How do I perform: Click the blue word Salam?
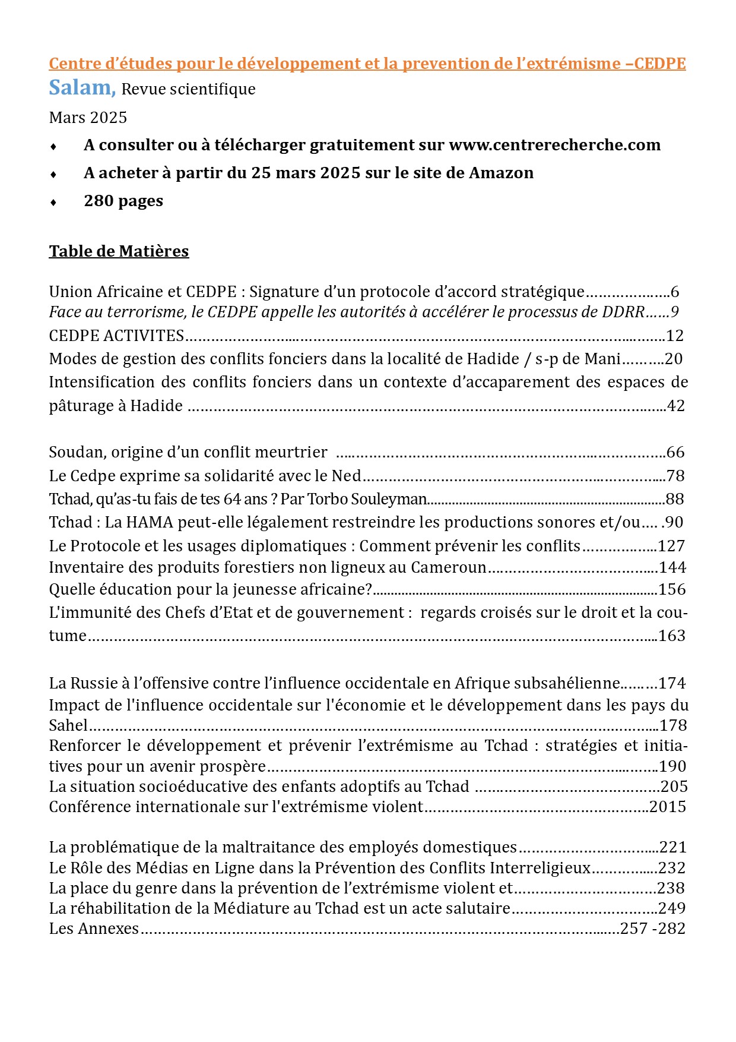(x=81, y=88)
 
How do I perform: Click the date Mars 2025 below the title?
(x=88, y=118)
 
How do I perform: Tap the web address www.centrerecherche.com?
(x=554, y=145)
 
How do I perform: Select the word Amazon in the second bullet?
(x=501, y=173)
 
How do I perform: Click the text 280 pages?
(x=123, y=201)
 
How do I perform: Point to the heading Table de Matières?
(x=119, y=251)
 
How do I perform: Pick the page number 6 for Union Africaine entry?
(x=674, y=292)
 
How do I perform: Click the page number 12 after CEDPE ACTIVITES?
(x=675, y=336)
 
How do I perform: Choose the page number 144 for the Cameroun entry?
(x=672, y=567)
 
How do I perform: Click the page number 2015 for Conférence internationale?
(x=668, y=807)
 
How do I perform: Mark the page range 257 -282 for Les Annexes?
(x=652, y=929)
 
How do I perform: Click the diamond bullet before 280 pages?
(x=53, y=202)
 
